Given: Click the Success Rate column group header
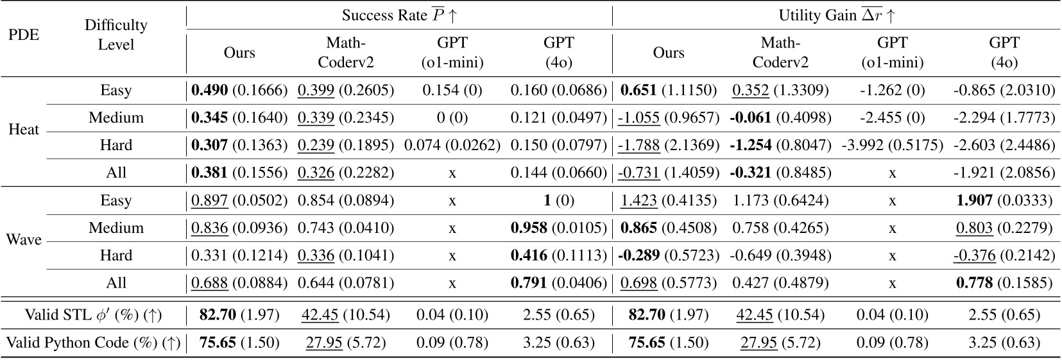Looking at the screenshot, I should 398,15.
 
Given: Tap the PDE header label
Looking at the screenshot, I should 24,35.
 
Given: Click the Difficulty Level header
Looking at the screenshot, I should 116,35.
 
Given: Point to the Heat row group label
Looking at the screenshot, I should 24,130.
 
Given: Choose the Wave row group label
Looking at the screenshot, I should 24,240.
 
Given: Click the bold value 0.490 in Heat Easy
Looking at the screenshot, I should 209,90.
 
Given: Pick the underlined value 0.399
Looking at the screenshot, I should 316,90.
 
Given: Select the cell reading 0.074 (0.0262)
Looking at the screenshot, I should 452,145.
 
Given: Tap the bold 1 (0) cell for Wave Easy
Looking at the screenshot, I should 558,200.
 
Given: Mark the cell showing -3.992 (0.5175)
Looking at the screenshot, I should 892,145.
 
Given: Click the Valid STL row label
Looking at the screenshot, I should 93,314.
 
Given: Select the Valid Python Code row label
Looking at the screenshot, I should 93,343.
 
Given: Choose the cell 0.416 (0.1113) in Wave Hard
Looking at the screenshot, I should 558,255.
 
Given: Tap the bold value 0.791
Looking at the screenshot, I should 529,283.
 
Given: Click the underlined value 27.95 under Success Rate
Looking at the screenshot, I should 324,343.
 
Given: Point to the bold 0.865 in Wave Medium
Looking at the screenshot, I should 639,228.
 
